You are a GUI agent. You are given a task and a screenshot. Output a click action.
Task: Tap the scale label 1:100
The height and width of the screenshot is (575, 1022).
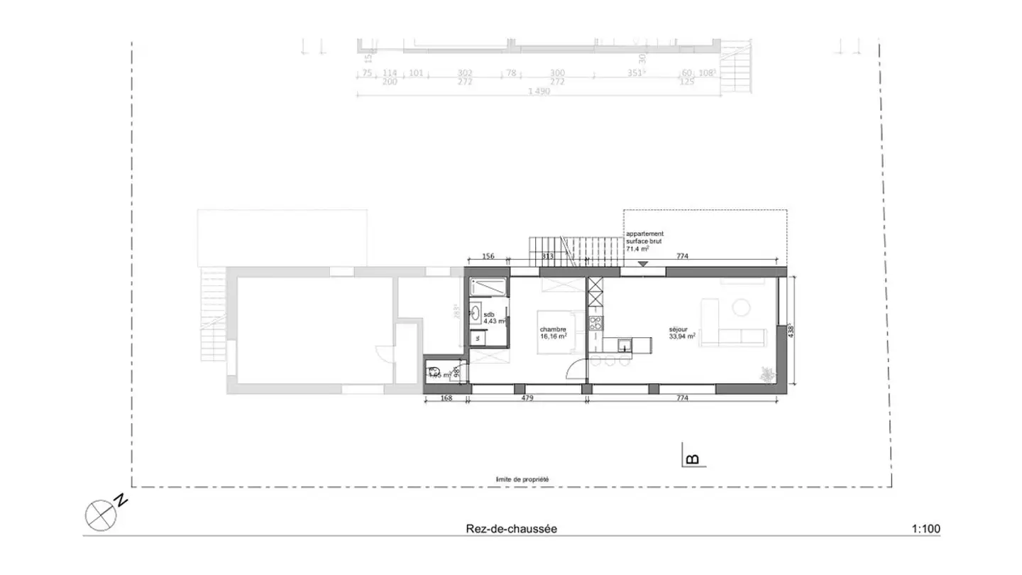925,529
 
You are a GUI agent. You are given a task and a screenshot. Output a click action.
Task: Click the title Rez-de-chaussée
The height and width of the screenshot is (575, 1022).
511,529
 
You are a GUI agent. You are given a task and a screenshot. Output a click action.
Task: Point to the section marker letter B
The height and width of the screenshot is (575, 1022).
693,459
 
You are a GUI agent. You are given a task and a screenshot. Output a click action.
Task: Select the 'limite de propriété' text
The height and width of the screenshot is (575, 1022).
523,479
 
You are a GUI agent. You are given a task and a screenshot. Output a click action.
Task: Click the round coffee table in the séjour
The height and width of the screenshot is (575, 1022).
742,307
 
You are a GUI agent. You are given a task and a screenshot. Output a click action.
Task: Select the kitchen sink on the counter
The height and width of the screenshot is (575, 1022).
623,346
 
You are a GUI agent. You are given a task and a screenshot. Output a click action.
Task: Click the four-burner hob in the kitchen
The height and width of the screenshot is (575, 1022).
595,323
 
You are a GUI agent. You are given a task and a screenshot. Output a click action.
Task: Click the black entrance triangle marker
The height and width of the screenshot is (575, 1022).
643,263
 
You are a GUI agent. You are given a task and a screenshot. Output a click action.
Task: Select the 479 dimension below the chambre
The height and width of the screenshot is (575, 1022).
527,399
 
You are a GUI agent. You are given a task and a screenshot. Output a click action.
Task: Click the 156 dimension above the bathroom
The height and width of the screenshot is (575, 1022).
488,257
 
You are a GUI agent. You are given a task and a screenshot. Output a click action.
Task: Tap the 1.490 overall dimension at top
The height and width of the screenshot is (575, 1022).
539,91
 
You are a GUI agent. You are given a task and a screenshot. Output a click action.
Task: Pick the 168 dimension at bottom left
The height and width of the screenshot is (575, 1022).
446,399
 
